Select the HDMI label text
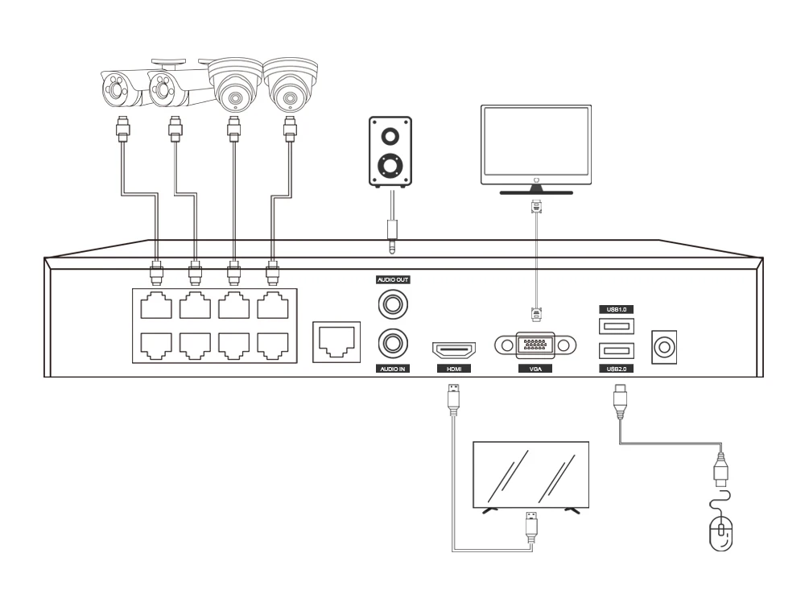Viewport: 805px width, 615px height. tap(453, 369)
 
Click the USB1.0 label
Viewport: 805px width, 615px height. tap(616, 308)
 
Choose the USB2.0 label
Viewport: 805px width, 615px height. tap(616, 368)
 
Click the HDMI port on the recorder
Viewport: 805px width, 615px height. tap(453, 349)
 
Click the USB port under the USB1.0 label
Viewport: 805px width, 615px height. tap(616, 326)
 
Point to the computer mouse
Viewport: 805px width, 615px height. tap(720, 533)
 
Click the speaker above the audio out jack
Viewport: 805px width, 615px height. tap(391, 151)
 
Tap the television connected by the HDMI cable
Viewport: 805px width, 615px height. tap(530, 476)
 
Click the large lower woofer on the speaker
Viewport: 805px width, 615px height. tap(391, 166)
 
